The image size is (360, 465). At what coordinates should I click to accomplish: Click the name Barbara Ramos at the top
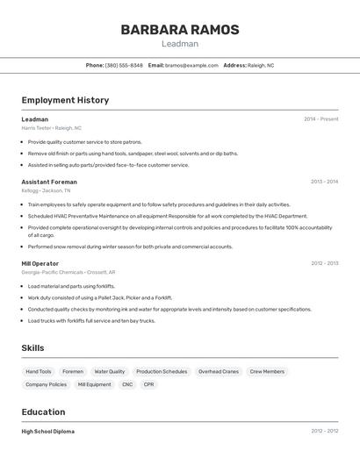point(179,30)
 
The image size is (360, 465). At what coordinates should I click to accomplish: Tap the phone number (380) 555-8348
point(124,65)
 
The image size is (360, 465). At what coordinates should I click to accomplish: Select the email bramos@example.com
point(191,65)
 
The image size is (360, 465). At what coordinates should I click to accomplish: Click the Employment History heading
point(65,100)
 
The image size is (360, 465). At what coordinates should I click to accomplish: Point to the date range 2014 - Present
point(320,119)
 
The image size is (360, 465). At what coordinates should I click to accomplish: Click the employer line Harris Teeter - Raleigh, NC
point(51,128)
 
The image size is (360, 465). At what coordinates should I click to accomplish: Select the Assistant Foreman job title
point(49,182)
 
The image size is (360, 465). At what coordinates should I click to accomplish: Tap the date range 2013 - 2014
point(324,182)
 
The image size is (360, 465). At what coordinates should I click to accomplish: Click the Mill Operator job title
point(40,263)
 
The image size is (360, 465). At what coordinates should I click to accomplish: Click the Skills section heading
point(32,348)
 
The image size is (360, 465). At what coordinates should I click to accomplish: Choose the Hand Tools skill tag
point(39,371)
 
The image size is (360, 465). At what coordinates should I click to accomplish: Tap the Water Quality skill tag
point(110,371)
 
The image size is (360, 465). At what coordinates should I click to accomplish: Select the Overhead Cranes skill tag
point(219,371)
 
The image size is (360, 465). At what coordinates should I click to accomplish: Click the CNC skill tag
point(127,384)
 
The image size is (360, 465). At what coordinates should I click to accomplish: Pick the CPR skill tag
point(148,384)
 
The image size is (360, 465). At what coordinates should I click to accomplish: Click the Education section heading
point(43,411)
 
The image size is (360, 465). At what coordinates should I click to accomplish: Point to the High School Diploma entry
point(48,431)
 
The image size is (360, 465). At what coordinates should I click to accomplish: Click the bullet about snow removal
point(130,247)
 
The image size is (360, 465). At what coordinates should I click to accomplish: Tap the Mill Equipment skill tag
point(94,384)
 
